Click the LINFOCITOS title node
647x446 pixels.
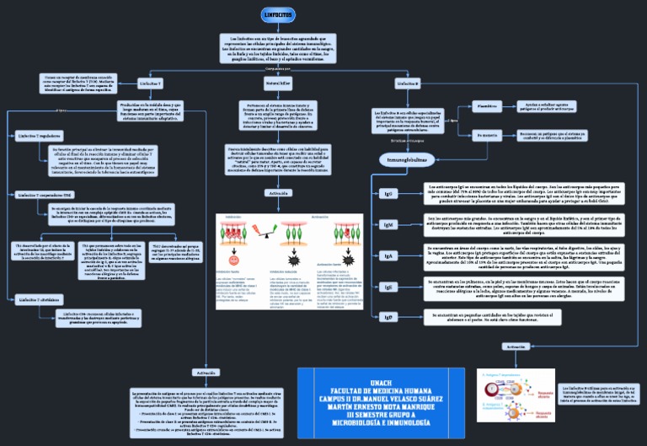[x=278, y=16]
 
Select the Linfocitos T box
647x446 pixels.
[x=151, y=85]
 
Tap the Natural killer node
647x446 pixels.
[x=278, y=85]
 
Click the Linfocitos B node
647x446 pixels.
[x=407, y=85]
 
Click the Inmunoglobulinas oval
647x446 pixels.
[x=406, y=159]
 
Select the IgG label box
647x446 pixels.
[x=388, y=193]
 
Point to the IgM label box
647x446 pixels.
[x=388, y=225]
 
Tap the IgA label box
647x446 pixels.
[x=388, y=255]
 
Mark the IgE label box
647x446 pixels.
[x=388, y=287]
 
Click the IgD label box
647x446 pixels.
[x=388, y=317]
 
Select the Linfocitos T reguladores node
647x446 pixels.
[x=39, y=135]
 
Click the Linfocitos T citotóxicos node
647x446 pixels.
[x=39, y=299]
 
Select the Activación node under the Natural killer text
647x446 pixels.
[x=278, y=193]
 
